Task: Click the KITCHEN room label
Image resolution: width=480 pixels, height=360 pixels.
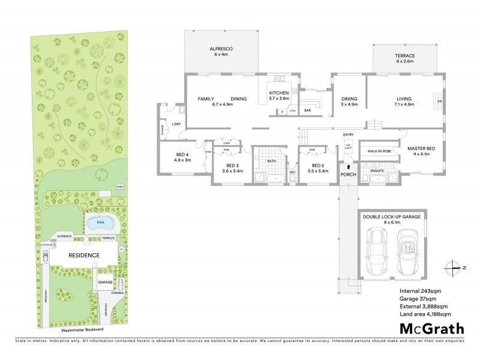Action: coord(279,92)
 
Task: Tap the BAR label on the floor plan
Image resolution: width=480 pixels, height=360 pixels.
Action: coord(307,111)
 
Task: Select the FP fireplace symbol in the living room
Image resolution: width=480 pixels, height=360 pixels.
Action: coord(439,101)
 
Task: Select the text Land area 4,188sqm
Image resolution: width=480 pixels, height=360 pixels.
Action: coord(424,314)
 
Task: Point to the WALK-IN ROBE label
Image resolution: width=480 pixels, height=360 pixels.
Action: coord(379,152)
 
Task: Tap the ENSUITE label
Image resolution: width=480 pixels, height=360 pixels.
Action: coord(377,171)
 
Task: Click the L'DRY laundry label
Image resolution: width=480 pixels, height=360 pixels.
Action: coord(176,124)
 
